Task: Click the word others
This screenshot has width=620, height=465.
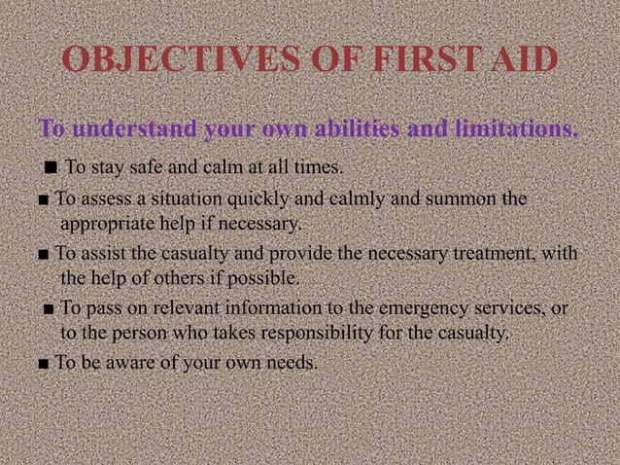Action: (191, 280)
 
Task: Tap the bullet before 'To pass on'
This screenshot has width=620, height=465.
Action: (48, 311)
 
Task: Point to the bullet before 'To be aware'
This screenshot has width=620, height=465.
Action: (46, 366)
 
